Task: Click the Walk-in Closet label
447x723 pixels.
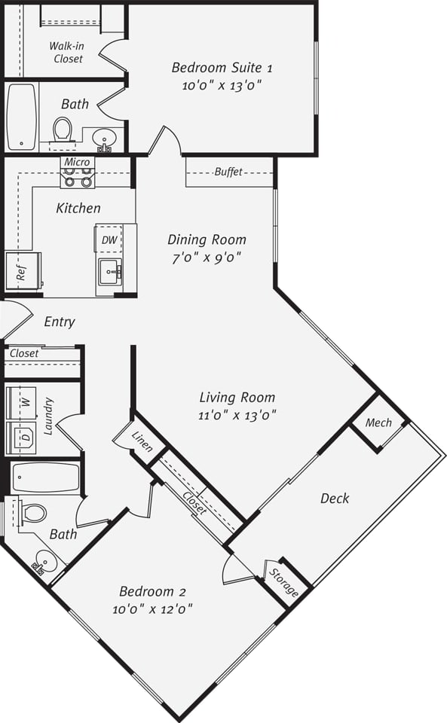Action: click(x=67, y=52)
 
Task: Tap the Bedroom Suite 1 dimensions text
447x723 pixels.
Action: click(x=222, y=86)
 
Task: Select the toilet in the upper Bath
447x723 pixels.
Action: click(x=63, y=130)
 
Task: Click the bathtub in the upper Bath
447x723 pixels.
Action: click(x=21, y=117)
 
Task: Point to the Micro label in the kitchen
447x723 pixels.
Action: click(x=77, y=162)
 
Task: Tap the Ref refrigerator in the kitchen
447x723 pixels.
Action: click(x=23, y=270)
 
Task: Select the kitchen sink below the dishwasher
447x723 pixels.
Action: click(x=110, y=270)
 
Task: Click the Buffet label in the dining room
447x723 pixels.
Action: click(x=228, y=172)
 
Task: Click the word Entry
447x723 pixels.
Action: click(x=60, y=322)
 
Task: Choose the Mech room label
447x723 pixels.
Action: click(x=378, y=423)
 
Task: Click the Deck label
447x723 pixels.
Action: click(x=335, y=498)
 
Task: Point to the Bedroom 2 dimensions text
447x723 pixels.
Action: click(x=152, y=609)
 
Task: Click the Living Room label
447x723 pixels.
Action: click(x=237, y=397)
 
